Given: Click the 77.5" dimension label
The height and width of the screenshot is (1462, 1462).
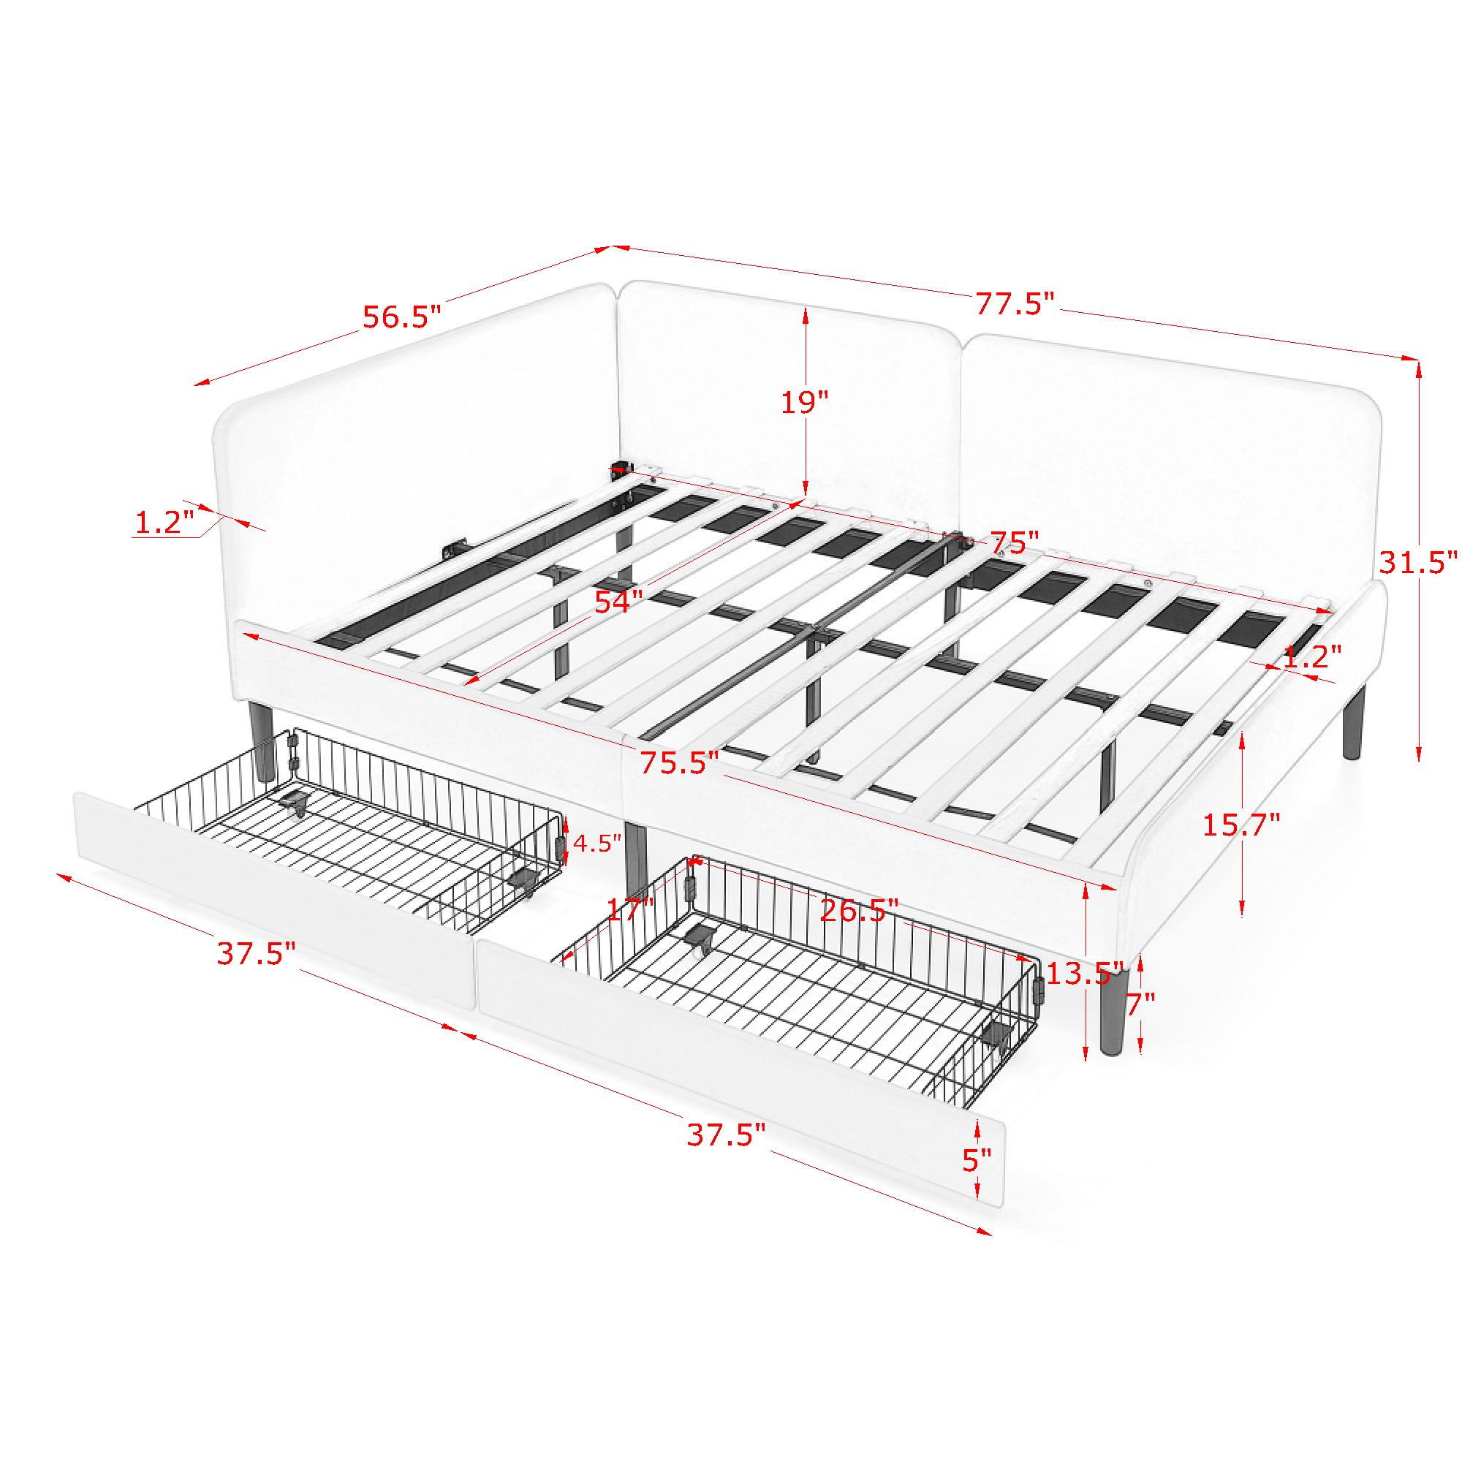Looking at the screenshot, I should [x=1013, y=304].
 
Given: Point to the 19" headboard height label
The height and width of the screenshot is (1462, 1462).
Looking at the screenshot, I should [x=805, y=402].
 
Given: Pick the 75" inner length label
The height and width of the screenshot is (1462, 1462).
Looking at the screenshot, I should [x=1015, y=542].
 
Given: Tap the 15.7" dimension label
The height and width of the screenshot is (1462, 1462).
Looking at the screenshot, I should [x=1242, y=824].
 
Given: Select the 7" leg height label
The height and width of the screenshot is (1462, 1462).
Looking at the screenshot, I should [x=1140, y=1004].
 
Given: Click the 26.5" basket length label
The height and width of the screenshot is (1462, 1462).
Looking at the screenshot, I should [x=860, y=909].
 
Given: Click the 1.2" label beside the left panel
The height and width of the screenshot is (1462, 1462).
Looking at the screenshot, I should [x=164, y=522].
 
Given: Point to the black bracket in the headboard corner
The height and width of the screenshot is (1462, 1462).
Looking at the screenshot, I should [x=622, y=471].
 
